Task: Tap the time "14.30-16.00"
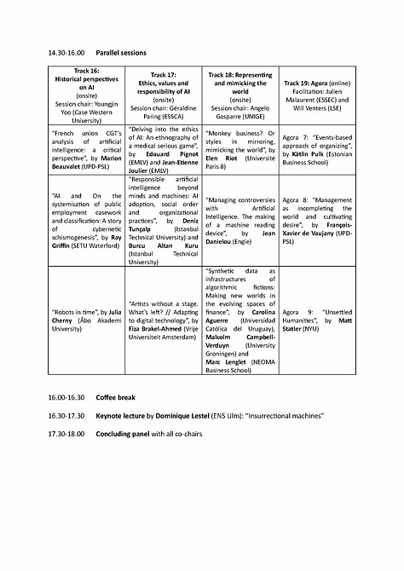point(67,54)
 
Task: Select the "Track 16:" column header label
point(86,71)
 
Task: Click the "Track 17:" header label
point(163,75)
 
